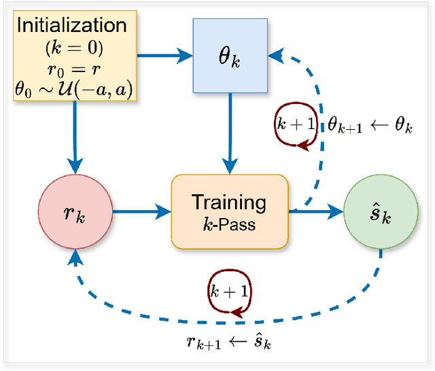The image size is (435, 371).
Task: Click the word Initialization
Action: [x=71, y=26]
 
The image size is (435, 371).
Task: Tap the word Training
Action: [x=229, y=202]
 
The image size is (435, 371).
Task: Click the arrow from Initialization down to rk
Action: [x=75, y=136]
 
